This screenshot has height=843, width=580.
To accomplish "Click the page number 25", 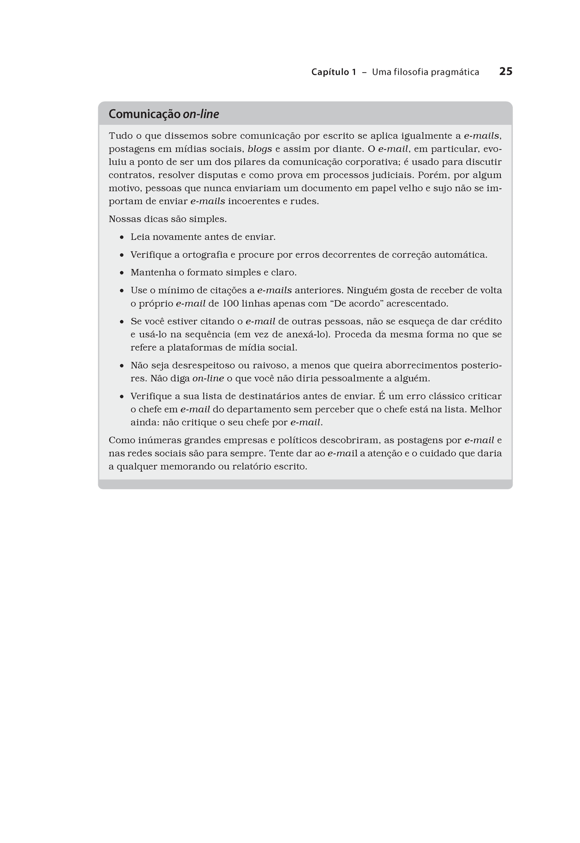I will pyautogui.click(x=505, y=71).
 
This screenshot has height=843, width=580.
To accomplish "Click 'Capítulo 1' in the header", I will pyautogui.click(x=333, y=72).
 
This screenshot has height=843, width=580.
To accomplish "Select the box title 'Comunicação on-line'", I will pyautogui.click(x=164, y=114).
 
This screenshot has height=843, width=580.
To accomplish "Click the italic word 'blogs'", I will pyautogui.click(x=260, y=149).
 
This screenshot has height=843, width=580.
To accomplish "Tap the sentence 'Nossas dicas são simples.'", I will pyautogui.click(x=168, y=219).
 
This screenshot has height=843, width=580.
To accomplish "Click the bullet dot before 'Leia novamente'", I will pyautogui.click(x=122, y=238).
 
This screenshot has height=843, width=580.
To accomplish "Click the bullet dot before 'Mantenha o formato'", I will pyautogui.click(x=122, y=273).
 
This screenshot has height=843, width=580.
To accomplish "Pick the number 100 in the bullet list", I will pyautogui.click(x=230, y=304).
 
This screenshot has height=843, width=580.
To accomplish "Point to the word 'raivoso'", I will pyautogui.click(x=270, y=366).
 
